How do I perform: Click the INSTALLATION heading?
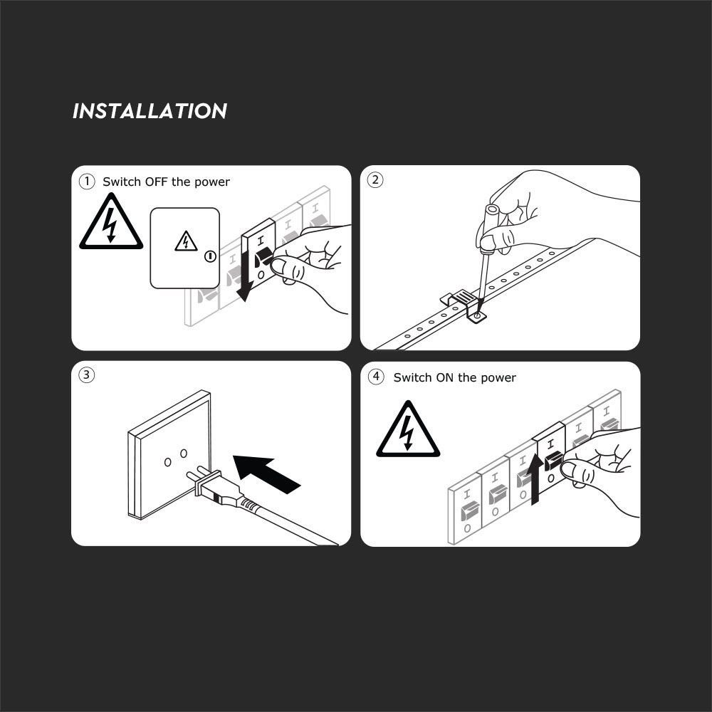pos(150,111)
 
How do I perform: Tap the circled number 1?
pos(87,182)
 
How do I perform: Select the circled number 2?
pos(375,180)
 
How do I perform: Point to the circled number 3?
pos(87,375)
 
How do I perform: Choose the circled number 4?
pos(376,377)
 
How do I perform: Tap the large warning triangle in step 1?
pos(111,222)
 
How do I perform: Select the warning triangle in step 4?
pos(408,429)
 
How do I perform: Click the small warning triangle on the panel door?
pos(186,241)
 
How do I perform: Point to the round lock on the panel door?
pos(210,256)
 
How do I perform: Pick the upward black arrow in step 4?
pos(535,478)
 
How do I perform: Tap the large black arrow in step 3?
pos(266,473)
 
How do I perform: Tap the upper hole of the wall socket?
pos(184,453)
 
